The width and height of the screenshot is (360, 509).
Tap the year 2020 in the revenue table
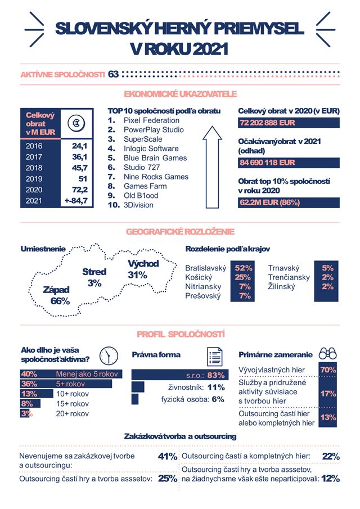34,190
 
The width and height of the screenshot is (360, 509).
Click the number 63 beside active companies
114,74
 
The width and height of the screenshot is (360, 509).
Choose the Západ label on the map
56,290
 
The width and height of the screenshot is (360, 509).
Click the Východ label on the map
143,264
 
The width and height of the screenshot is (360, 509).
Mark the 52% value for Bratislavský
244,268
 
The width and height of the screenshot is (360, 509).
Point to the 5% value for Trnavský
328,268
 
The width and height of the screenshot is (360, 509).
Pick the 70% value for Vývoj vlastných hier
328,370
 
